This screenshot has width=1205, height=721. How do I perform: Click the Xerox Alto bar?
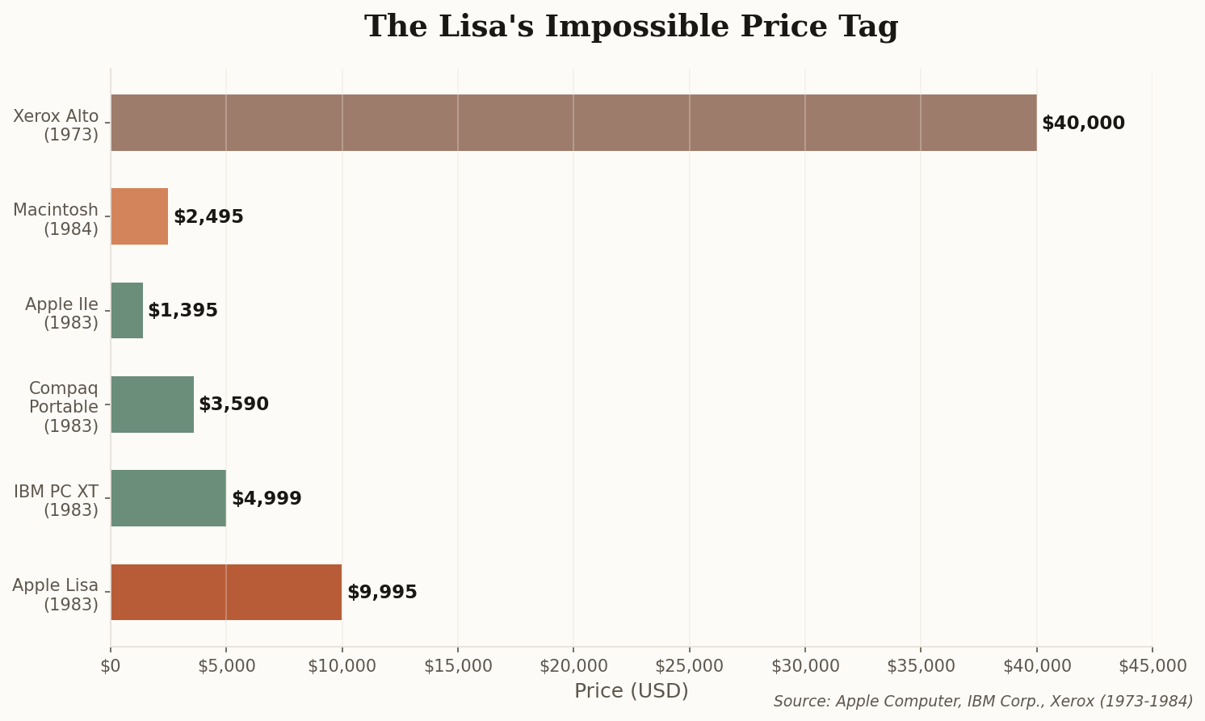(573, 123)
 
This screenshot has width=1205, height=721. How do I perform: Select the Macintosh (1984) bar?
(139, 216)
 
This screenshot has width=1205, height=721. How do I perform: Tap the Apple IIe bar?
(127, 310)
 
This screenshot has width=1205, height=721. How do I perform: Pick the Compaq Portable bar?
(152, 405)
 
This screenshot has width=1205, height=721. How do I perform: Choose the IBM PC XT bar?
(168, 498)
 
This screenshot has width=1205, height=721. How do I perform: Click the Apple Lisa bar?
(226, 592)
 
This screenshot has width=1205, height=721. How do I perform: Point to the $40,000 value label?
(1083, 124)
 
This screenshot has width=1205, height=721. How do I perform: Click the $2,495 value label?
(208, 217)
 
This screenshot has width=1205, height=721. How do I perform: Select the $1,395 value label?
(183, 311)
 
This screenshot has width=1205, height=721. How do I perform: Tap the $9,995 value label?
(382, 593)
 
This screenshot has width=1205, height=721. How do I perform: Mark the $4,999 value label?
(267, 499)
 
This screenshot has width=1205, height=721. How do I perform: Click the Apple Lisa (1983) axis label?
(56, 595)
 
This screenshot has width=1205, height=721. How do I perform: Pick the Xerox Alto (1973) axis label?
(56, 125)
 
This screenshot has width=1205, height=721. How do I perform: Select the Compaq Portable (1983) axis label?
(64, 407)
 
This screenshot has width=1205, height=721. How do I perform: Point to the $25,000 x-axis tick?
(690, 666)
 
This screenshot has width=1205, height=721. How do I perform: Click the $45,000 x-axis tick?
(1153, 666)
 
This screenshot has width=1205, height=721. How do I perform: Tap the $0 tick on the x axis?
(111, 666)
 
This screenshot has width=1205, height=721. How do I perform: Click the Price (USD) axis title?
(631, 691)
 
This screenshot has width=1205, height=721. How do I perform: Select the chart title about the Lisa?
(631, 27)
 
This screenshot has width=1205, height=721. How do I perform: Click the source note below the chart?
(983, 702)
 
